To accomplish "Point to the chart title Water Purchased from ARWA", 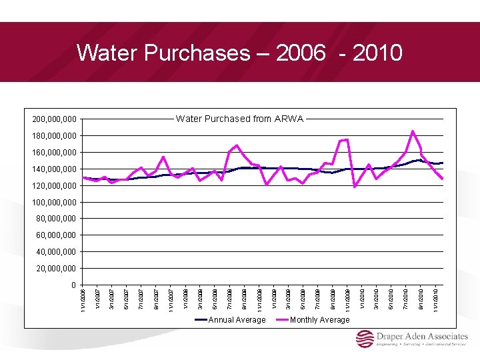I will click(240, 119).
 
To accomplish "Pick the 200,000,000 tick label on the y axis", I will click(55, 120).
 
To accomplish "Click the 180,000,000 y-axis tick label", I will click(55, 136).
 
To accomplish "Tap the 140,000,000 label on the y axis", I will click(55, 169).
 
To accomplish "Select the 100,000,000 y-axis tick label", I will click(55, 202).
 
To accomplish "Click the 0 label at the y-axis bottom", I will click(74, 285).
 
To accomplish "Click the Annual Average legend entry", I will click(237, 320).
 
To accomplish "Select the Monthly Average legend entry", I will click(319, 320).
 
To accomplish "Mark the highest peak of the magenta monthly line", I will click(413, 131).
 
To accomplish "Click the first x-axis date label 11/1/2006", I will click(83, 299).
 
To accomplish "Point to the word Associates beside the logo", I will click(446, 337).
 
